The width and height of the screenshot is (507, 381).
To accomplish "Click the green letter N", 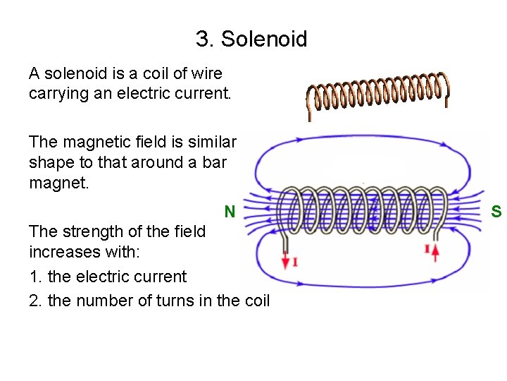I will pyautogui.click(x=230, y=211).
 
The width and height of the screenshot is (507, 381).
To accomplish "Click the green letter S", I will pyautogui.click(x=496, y=211).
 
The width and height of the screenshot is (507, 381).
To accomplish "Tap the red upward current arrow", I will pyautogui.click(x=434, y=253).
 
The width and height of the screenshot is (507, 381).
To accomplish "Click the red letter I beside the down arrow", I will pyautogui.click(x=295, y=262).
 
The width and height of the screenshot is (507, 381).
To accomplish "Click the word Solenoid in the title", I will pyautogui.click(x=264, y=39).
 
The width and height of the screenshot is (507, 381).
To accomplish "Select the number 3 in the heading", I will pyautogui.click(x=202, y=39).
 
